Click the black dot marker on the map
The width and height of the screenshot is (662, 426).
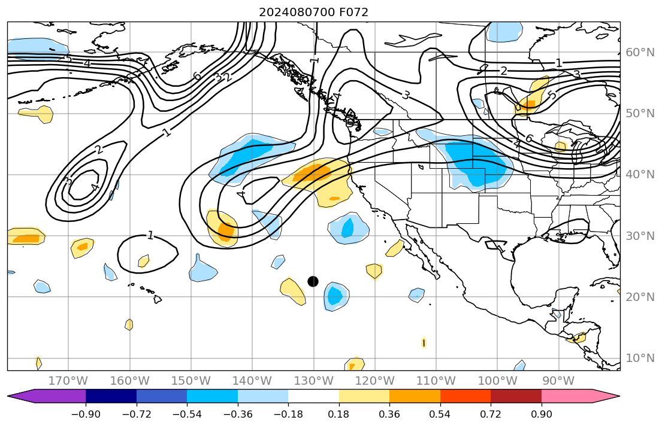313,281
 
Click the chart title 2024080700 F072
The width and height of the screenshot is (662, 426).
313,12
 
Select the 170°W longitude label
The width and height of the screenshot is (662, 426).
68,381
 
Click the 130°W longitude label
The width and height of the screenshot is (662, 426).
313,381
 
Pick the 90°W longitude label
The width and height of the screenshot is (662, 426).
558,381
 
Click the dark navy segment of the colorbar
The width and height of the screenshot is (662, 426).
111,396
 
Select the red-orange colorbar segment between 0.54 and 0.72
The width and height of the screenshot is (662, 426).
465,396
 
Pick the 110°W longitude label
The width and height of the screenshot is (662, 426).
436,381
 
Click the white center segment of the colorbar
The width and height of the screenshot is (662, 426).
313,396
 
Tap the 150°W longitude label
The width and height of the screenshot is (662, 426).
191,381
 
